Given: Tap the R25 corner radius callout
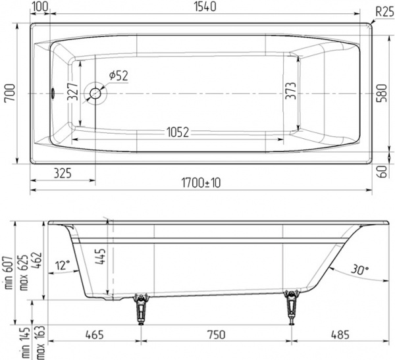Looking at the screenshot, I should [384, 11].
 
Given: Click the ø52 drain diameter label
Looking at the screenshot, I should [117, 76].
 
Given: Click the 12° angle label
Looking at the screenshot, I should [63, 266].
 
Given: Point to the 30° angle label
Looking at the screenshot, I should [359, 270].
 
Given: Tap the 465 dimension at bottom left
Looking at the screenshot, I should [95, 336].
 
